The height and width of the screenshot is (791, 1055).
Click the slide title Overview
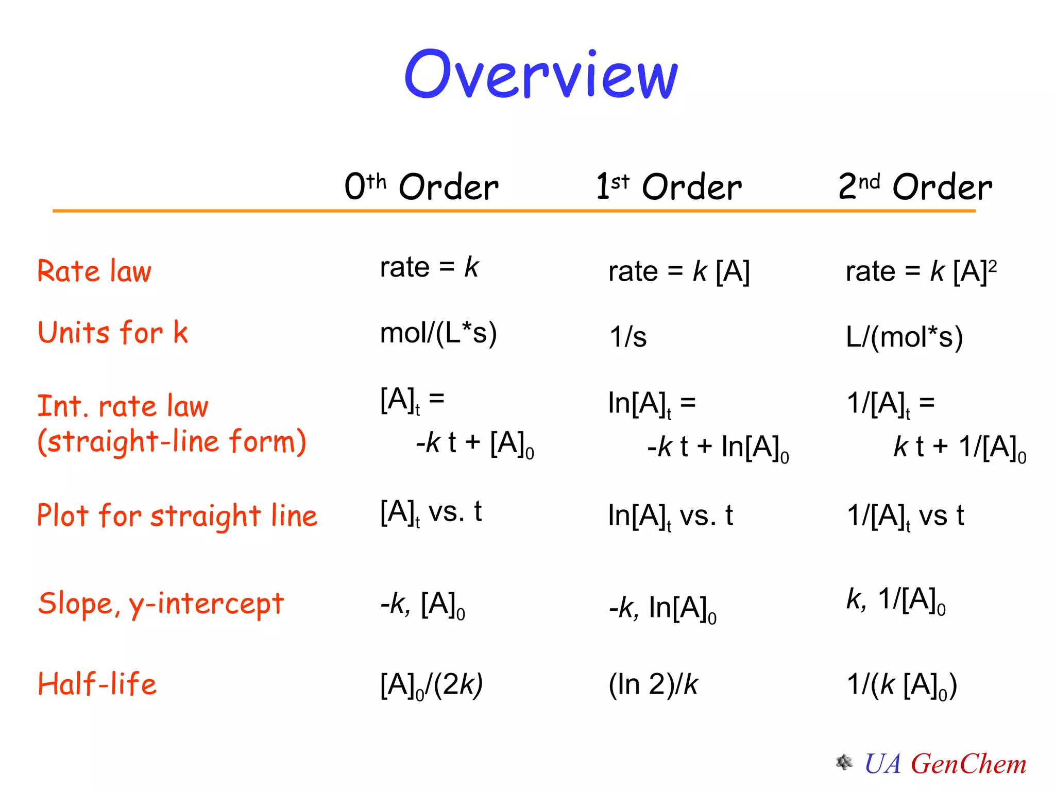(541, 75)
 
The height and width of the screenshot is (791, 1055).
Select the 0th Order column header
(421, 186)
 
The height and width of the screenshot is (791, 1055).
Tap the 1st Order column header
(669, 186)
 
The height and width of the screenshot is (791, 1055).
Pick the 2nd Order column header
(915, 186)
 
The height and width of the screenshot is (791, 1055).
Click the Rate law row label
(95, 271)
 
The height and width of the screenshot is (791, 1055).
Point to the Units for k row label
(113, 332)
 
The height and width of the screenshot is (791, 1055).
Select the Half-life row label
(97, 684)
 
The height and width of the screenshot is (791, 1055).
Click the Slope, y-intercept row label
(161, 604)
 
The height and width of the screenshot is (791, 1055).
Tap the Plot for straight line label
(177, 515)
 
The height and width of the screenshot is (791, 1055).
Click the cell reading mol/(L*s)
(438, 333)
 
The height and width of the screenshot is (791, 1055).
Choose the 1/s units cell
(628, 337)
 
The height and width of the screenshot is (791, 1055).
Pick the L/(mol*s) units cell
(904, 337)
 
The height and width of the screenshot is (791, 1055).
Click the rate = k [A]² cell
(921, 271)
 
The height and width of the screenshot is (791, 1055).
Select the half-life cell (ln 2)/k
(653, 685)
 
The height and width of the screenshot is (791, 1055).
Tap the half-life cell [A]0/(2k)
(431, 686)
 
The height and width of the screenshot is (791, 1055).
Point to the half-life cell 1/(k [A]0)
(902, 686)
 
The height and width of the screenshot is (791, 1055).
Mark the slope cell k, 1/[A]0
(896, 600)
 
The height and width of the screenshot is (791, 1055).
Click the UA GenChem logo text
(945, 764)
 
